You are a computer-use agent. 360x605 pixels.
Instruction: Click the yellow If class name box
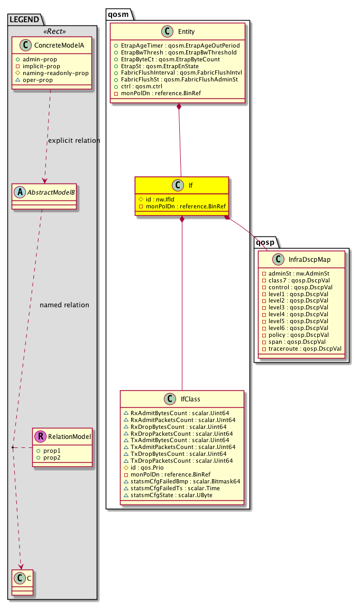point(181,186)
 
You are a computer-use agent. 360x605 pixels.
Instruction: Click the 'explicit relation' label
point(74,141)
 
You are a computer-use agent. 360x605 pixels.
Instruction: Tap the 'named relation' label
point(64,305)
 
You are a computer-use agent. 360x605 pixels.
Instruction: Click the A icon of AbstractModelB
point(20,193)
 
